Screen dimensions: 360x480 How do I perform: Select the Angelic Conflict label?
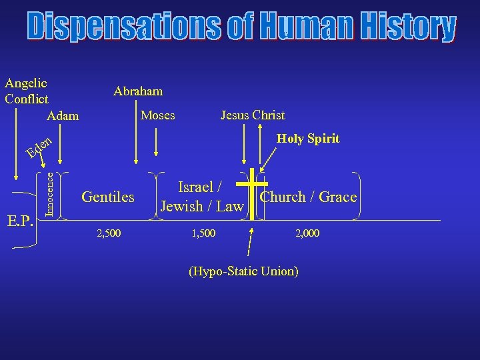[x=26, y=91]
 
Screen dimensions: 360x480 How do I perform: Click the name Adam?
[x=63, y=116]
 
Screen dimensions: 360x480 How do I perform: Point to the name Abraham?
[x=138, y=91]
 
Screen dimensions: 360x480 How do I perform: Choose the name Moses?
[x=158, y=115]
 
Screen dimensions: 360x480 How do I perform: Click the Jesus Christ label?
[x=253, y=115]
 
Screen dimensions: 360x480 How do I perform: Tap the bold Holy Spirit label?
[x=308, y=139]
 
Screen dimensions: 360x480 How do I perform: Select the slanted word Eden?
[x=39, y=147]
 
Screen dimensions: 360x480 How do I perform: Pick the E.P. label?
[x=22, y=220]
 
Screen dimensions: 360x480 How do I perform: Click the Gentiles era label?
[x=108, y=197]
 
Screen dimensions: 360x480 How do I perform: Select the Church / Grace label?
[x=308, y=197]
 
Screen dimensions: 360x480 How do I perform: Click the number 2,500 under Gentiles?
[x=109, y=234]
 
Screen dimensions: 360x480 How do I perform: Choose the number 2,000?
[x=307, y=234]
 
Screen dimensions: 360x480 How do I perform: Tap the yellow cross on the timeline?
[x=251, y=193]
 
